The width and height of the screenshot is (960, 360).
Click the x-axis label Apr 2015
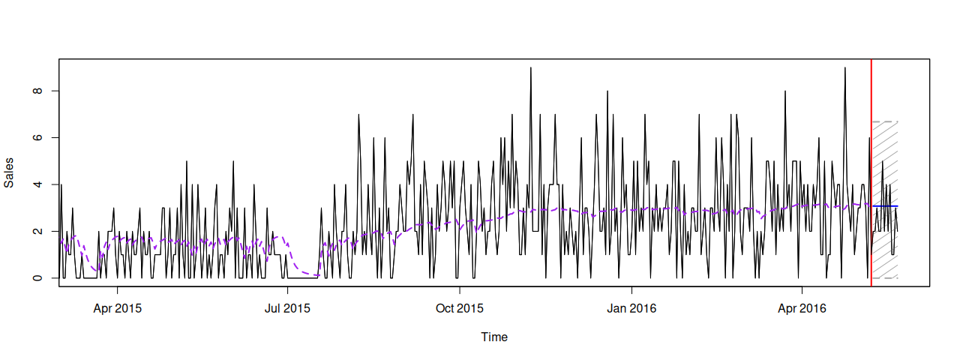[x=118, y=308]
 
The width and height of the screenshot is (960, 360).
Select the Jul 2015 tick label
[x=287, y=308]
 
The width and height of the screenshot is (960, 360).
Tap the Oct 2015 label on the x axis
[x=460, y=308]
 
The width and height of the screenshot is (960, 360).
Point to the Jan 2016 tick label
[x=631, y=308]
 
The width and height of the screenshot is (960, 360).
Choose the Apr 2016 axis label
[x=802, y=308]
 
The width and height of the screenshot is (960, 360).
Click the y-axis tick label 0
[x=37, y=278]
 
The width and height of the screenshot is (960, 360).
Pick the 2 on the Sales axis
[x=37, y=232]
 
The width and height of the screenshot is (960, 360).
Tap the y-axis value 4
[x=37, y=184]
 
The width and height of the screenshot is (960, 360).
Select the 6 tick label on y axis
[x=37, y=137]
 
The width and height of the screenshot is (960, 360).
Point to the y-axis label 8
[x=37, y=91]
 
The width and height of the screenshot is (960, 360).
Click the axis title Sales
[x=9, y=172]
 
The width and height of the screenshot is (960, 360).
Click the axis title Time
[x=494, y=337]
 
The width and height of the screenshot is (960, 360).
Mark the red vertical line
[x=871, y=172]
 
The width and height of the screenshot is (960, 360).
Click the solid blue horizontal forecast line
[x=885, y=206]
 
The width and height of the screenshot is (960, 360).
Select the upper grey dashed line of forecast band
[x=885, y=121]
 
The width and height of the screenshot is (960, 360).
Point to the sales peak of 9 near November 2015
[x=530, y=67]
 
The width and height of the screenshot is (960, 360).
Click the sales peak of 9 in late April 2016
[x=844, y=67]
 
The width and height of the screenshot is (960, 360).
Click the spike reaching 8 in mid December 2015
[x=607, y=91]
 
